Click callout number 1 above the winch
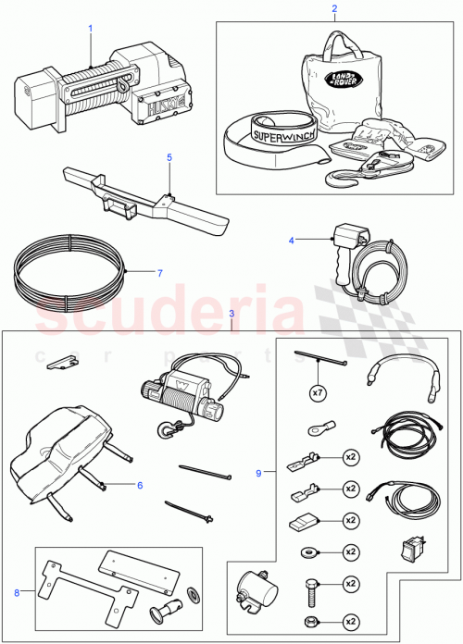point(91,29)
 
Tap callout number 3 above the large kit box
point(231,316)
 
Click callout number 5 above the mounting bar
point(169,157)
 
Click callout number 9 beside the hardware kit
point(257,473)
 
